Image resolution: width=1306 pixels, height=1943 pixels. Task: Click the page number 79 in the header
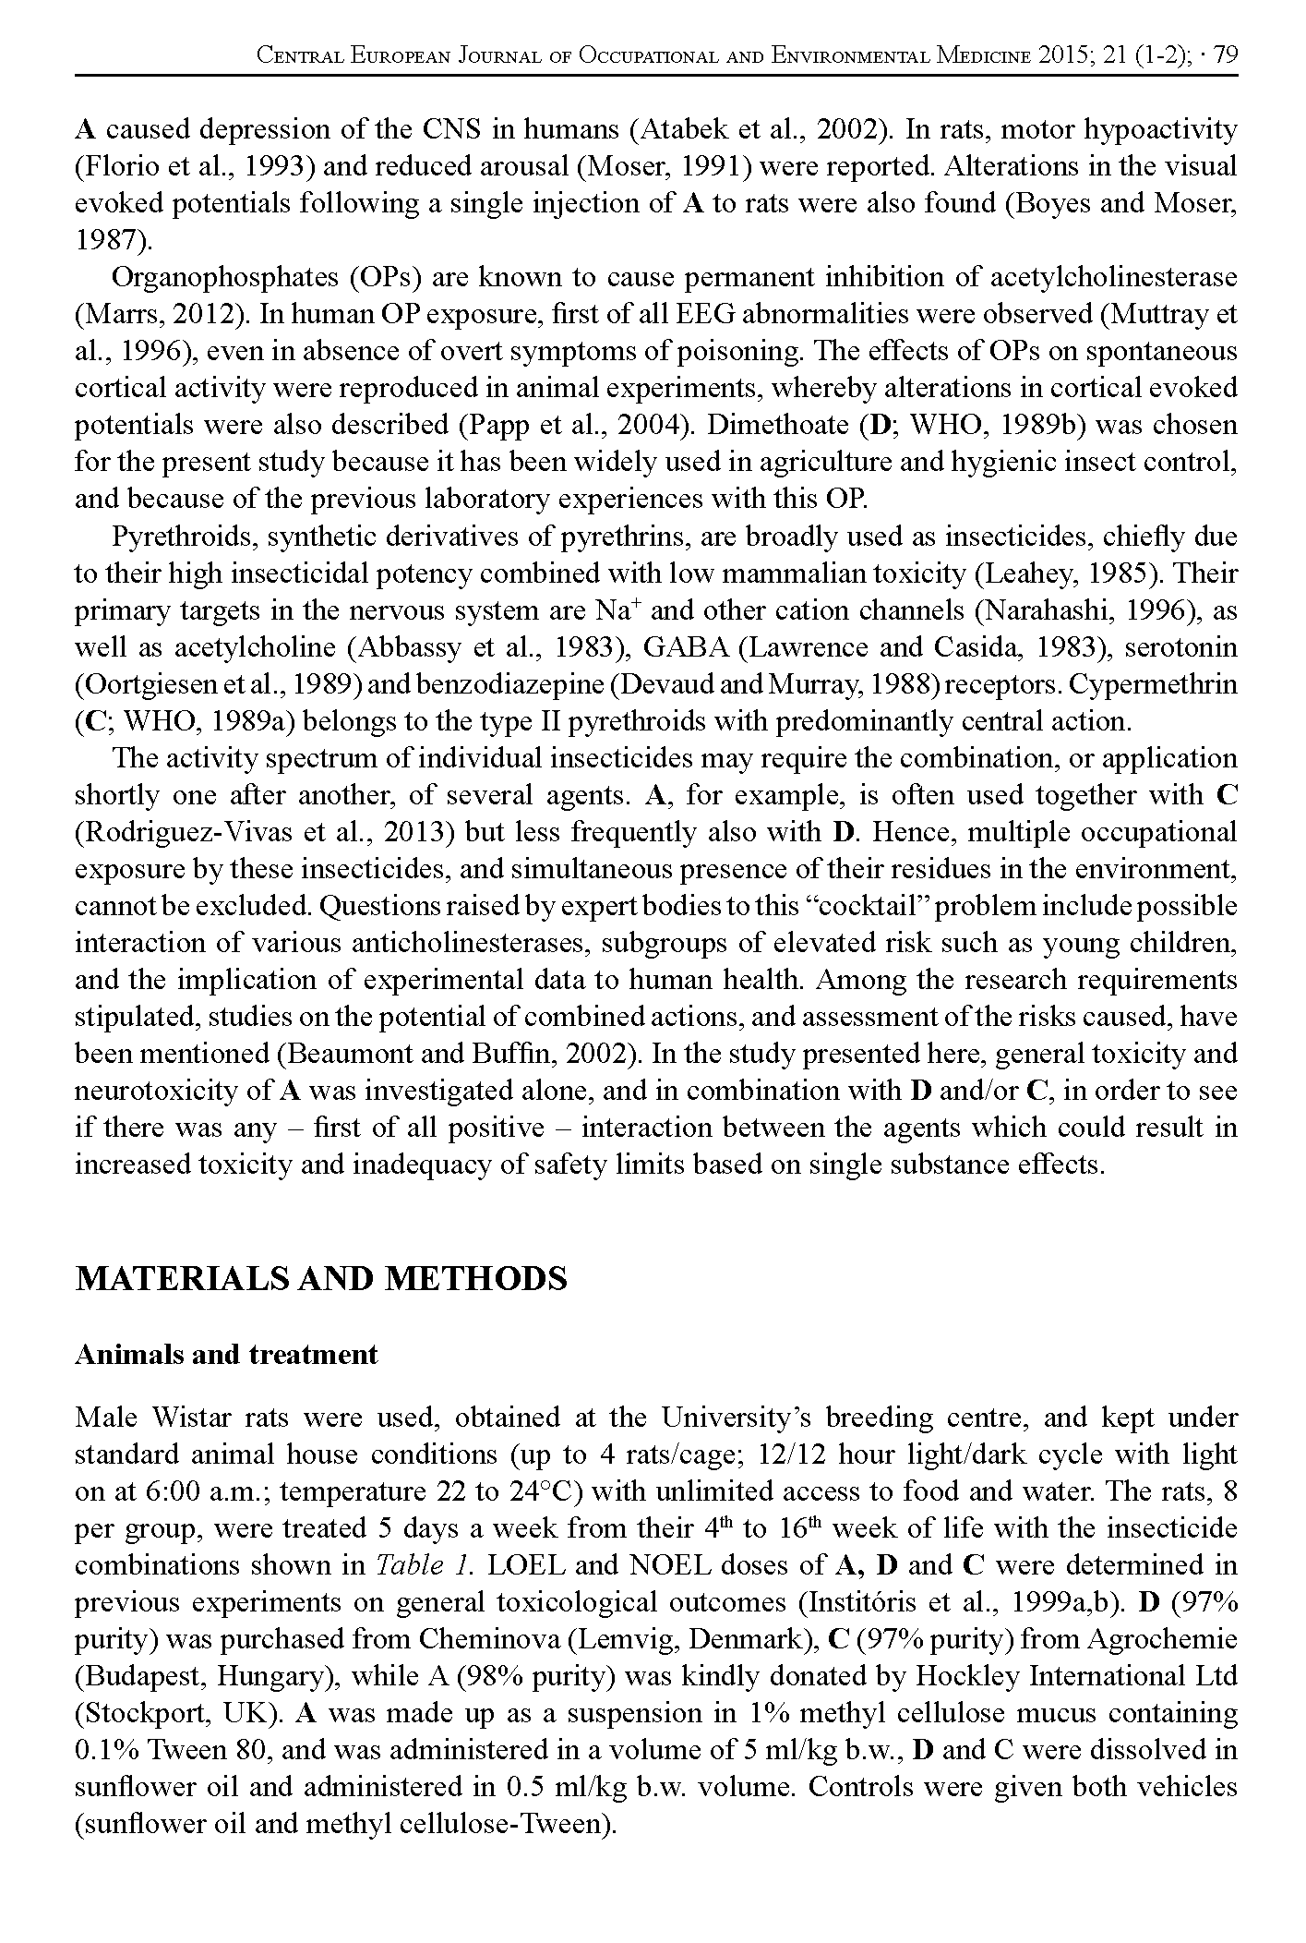[x=1226, y=56]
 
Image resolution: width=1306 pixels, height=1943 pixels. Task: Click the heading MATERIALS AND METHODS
[x=320, y=1279]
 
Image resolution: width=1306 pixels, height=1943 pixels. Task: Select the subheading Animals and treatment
[x=226, y=1355]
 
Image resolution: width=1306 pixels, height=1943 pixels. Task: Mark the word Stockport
[x=142, y=1714]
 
